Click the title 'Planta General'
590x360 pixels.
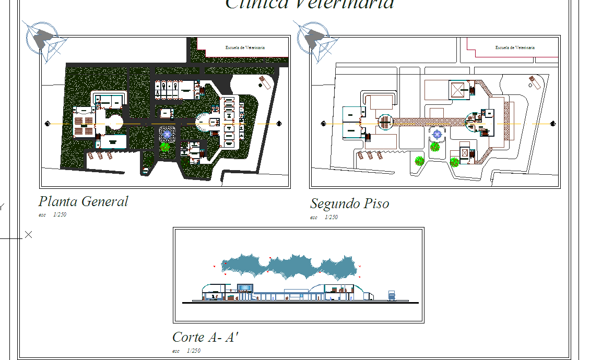click(83, 201)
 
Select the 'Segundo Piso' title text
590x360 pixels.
click(349, 203)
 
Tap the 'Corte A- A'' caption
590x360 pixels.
click(205, 337)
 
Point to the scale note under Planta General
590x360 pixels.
click(52, 214)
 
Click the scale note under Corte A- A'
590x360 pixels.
click(186, 351)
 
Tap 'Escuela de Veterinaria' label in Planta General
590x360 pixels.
click(245, 47)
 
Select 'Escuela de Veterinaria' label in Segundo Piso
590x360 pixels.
click(515, 47)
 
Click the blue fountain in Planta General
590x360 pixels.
click(167, 134)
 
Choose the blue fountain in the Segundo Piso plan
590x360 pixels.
click(437, 135)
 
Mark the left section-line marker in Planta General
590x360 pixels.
click(48, 124)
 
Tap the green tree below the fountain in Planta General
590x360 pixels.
click(165, 147)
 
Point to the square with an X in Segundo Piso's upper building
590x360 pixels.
click(458, 89)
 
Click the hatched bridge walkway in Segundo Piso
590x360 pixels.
click(428, 122)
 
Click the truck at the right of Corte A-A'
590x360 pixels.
click(392, 296)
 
